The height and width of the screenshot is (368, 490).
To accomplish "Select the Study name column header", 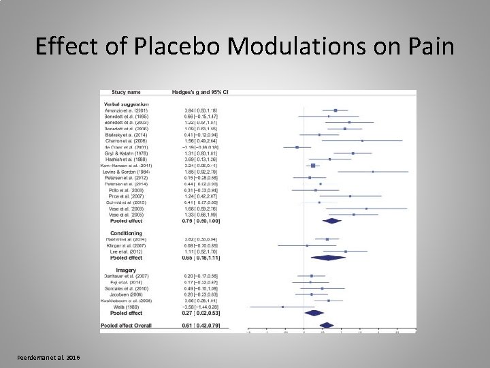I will pyautogui.click(x=122, y=92).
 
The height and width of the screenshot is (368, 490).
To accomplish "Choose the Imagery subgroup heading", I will pyautogui.click(x=116, y=270).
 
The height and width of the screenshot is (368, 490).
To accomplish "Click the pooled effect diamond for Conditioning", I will pyautogui.click(x=328, y=258).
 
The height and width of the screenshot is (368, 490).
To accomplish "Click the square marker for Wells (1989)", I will pyautogui.click(x=283, y=307).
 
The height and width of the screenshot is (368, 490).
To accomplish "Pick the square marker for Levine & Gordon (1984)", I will pyautogui.click(x=372, y=172).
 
